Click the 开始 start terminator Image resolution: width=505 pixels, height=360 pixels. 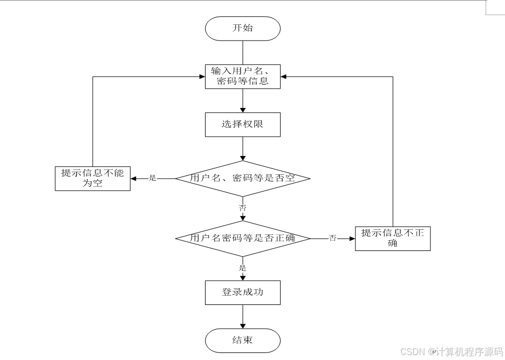pyautogui.click(x=243, y=28)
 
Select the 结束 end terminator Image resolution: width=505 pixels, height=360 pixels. pyautogui.click(x=243, y=341)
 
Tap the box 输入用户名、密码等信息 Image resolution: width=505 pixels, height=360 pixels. pyautogui.click(x=243, y=76)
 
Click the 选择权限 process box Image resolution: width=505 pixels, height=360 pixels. pyautogui.click(x=243, y=124)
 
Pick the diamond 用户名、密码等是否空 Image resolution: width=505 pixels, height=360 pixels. pyautogui.click(x=243, y=178)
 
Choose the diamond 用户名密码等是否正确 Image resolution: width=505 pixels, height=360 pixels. pyautogui.click(x=243, y=238)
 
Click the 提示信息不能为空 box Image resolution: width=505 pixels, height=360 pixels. pyautogui.click(x=93, y=179)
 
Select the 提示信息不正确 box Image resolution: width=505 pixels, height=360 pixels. pyautogui.click(x=393, y=238)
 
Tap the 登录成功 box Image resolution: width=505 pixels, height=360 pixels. pyautogui.click(x=243, y=293)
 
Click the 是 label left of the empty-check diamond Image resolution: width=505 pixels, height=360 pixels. pyautogui.click(x=152, y=178)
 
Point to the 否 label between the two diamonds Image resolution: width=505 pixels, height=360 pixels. pyautogui.click(x=243, y=207)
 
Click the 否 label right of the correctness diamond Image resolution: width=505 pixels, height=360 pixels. pyautogui.click(x=333, y=238)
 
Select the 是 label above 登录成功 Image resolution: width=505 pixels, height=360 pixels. pyautogui.click(x=243, y=268)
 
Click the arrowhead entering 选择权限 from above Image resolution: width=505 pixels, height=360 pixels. pyautogui.click(x=243, y=109)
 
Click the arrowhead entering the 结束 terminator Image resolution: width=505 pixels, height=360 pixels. pyautogui.click(x=243, y=326)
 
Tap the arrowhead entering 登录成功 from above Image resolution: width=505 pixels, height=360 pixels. pyautogui.click(x=243, y=277)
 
